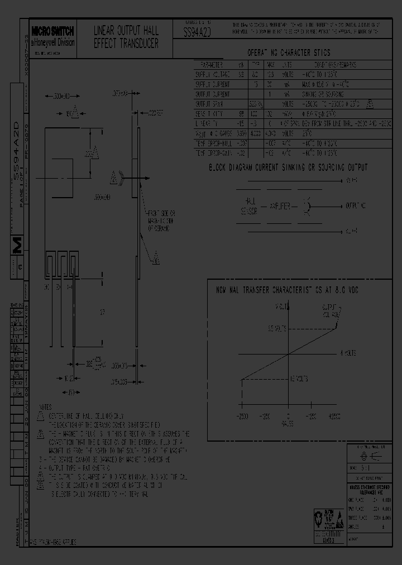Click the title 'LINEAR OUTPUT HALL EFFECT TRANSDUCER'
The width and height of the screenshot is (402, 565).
coord(126,37)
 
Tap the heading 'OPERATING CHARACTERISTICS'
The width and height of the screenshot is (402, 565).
coord(289,53)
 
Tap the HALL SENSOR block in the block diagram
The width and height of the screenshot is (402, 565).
coord(248,206)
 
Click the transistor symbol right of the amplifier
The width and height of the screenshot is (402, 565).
coord(307,206)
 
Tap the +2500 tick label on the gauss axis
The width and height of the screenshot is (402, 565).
coord(334,416)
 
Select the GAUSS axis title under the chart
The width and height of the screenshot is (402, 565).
coord(288,423)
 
